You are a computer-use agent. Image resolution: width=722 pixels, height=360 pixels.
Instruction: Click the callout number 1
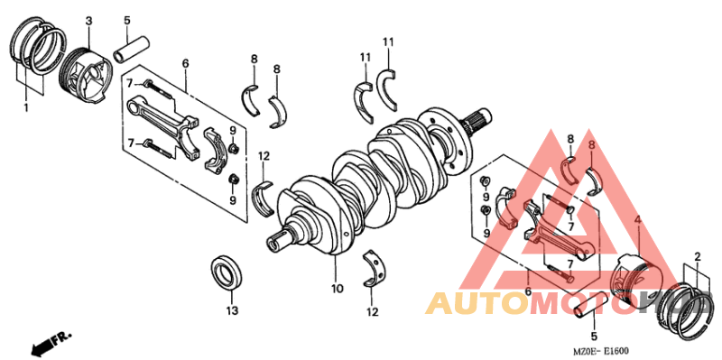tap(26, 107)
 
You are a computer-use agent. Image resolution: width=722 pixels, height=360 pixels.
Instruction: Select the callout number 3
tap(89, 20)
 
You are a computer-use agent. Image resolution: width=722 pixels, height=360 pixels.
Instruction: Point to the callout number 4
tap(637, 220)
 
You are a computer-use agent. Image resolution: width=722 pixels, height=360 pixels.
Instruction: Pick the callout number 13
tap(231, 310)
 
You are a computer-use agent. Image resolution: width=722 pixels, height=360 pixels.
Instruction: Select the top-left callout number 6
tap(185, 63)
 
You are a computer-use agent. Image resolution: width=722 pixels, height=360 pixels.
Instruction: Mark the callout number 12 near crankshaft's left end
tap(264, 156)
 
